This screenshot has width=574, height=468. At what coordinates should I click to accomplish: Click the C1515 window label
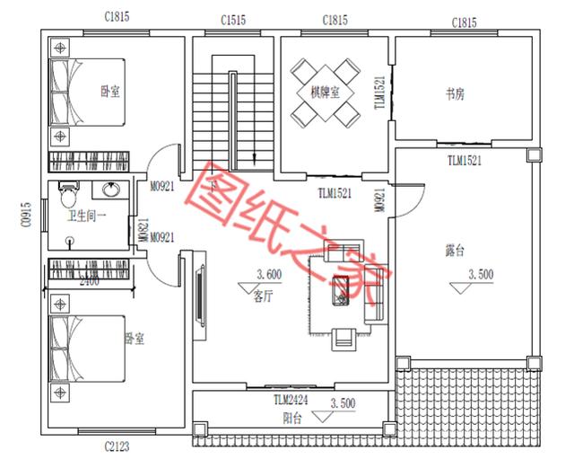(x=232, y=19)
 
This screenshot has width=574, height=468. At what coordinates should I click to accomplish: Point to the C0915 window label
(x=26, y=216)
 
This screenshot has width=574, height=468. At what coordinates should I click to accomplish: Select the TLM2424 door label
(x=291, y=400)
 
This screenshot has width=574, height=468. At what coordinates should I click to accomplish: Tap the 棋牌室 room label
(x=326, y=92)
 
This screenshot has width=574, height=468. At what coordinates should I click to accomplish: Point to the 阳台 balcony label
(x=292, y=418)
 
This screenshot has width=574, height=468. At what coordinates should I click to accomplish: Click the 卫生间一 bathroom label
(x=87, y=216)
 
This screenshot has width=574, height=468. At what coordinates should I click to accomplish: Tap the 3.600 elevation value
(x=269, y=275)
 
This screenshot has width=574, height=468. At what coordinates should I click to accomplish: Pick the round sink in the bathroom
(x=111, y=190)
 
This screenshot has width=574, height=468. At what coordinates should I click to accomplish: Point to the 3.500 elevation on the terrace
(x=481, y=276)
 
